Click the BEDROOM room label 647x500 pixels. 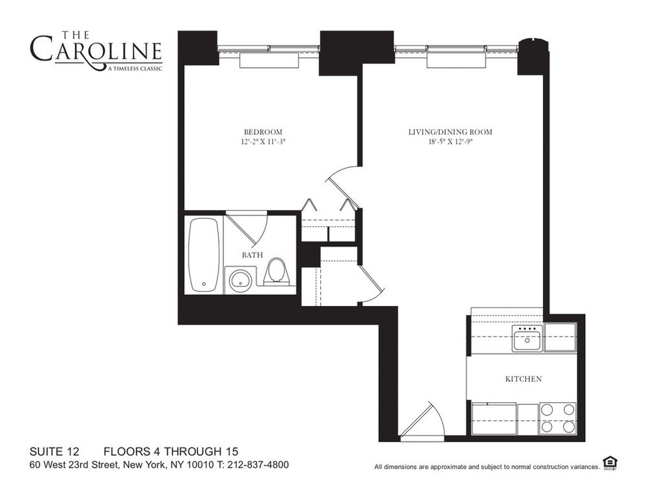click(259, 131)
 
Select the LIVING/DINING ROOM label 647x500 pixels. click(450, 132)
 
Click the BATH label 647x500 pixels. click(253, 255)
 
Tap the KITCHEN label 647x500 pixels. click(524, 378)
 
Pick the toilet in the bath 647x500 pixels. click(277, 271)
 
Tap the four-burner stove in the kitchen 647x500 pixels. click(558, 418)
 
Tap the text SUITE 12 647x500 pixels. click(55, 451)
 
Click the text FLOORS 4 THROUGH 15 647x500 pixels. click(171, 451)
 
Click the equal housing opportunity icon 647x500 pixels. click(610, 463)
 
